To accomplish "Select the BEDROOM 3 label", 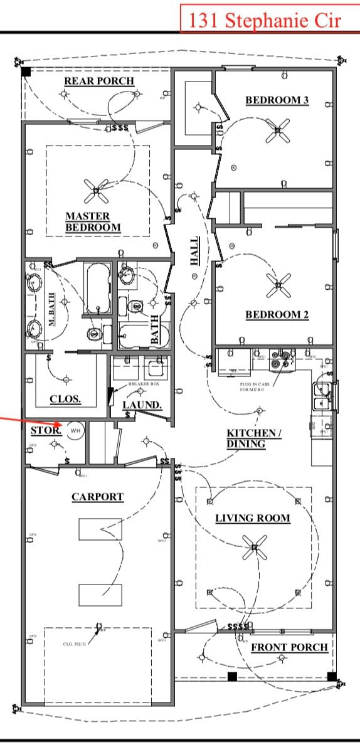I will [277, 100].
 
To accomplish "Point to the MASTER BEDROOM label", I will [93, 221].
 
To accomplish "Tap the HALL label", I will [195, 250].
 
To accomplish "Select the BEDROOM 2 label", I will [277, 315].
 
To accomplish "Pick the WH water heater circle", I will [75, 430].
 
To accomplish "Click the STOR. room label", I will [46, 431].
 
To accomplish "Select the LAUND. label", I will [142, 405].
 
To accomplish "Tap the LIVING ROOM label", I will [253, 518].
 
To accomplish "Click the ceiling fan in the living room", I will [253, 549].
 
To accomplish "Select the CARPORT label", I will [97, 497].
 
